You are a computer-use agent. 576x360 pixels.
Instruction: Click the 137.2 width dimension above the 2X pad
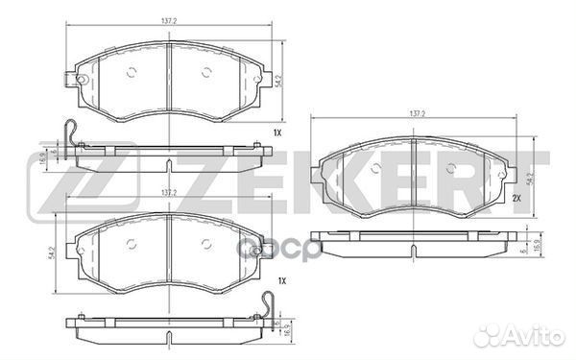pos(417,114)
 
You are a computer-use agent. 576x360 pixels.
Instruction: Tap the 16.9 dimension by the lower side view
pos(285,329)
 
